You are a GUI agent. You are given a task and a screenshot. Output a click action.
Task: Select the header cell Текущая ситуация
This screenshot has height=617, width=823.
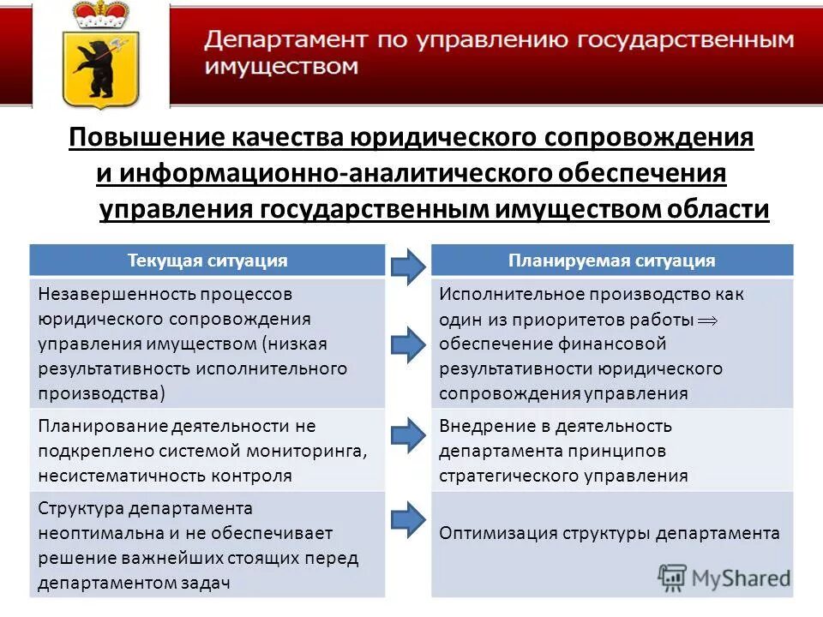(207, 261)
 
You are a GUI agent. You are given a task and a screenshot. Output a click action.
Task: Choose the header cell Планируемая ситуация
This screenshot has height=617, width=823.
(611, 261)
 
